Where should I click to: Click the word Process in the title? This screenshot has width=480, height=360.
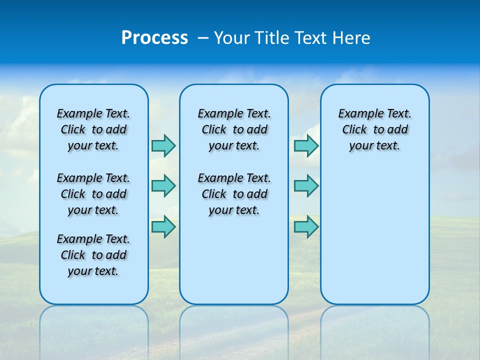pos(154,38)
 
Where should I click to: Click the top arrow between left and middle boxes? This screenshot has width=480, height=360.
pos(163,145)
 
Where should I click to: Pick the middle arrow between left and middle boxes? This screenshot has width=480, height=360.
pos(163,186)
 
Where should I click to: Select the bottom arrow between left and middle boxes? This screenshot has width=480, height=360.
pos(163,226)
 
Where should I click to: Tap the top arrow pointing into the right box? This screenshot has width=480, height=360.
pos(306,145)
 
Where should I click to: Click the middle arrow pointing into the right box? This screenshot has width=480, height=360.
pos(306,186)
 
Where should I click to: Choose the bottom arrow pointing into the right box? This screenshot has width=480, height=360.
pos(306,226)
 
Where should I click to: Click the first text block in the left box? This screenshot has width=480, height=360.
pos(93,129)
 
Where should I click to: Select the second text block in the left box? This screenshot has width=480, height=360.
pos(93,194)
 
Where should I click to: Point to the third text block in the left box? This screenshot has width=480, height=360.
pos(93,255)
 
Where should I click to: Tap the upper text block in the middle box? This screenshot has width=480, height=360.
pos(234,129)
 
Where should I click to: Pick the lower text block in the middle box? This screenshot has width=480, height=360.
pos(234,194)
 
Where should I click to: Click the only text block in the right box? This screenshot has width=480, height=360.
pos(375,129)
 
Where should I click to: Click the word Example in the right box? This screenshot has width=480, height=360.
pos(355,114)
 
